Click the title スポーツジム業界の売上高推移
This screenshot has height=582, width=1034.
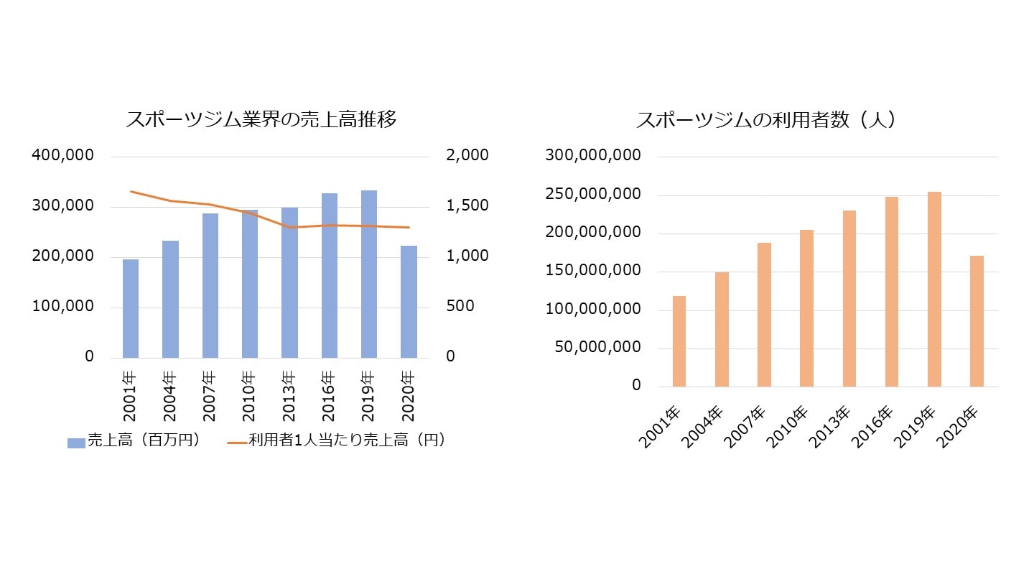261,119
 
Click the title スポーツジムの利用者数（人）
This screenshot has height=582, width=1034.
766,119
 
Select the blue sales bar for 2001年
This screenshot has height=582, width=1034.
131,308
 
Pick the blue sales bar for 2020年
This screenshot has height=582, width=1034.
408,302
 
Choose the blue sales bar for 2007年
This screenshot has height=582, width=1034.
210,285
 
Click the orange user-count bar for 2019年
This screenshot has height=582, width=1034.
933,289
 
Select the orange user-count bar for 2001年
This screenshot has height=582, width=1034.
679,341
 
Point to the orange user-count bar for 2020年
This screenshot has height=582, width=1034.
977,321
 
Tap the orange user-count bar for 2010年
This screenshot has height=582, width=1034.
806,308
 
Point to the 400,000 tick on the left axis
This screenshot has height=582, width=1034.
63,156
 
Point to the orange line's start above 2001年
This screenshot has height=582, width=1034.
131,191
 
